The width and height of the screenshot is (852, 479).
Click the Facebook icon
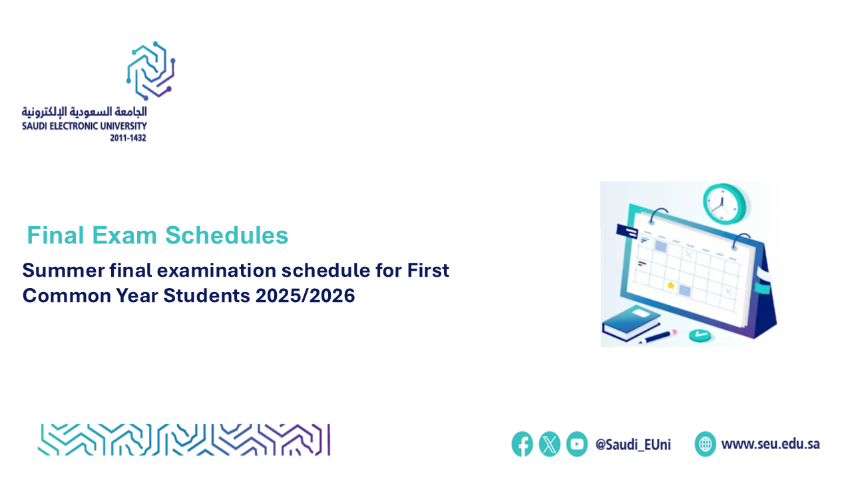click(523, 444)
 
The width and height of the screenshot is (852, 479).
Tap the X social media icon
click(550, 444)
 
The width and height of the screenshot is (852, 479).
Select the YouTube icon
click(577, 444)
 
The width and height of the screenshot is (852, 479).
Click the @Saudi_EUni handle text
click(633, 444)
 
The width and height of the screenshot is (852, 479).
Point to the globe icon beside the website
click(705, 444)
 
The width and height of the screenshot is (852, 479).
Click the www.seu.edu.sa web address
click(771, 444)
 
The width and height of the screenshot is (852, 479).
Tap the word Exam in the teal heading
click(124, 236)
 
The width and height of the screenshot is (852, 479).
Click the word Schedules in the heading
click(227, 236)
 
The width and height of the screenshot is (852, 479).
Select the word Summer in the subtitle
click(63, 270)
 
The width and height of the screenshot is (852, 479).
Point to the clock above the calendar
click(725, 204)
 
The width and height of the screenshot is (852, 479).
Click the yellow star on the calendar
click(671, 285)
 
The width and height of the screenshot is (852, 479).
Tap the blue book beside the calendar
click(632, 323)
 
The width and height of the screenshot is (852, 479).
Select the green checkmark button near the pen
click(700, 335)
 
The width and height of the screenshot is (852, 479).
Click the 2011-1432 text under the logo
click(128, 138)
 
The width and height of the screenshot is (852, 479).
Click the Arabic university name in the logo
click(84, 112)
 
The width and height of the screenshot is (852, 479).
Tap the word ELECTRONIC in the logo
click(75, 126)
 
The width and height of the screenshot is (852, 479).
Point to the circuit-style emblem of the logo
click(151, 71)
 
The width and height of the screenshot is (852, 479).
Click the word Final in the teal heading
click(55, 236)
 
